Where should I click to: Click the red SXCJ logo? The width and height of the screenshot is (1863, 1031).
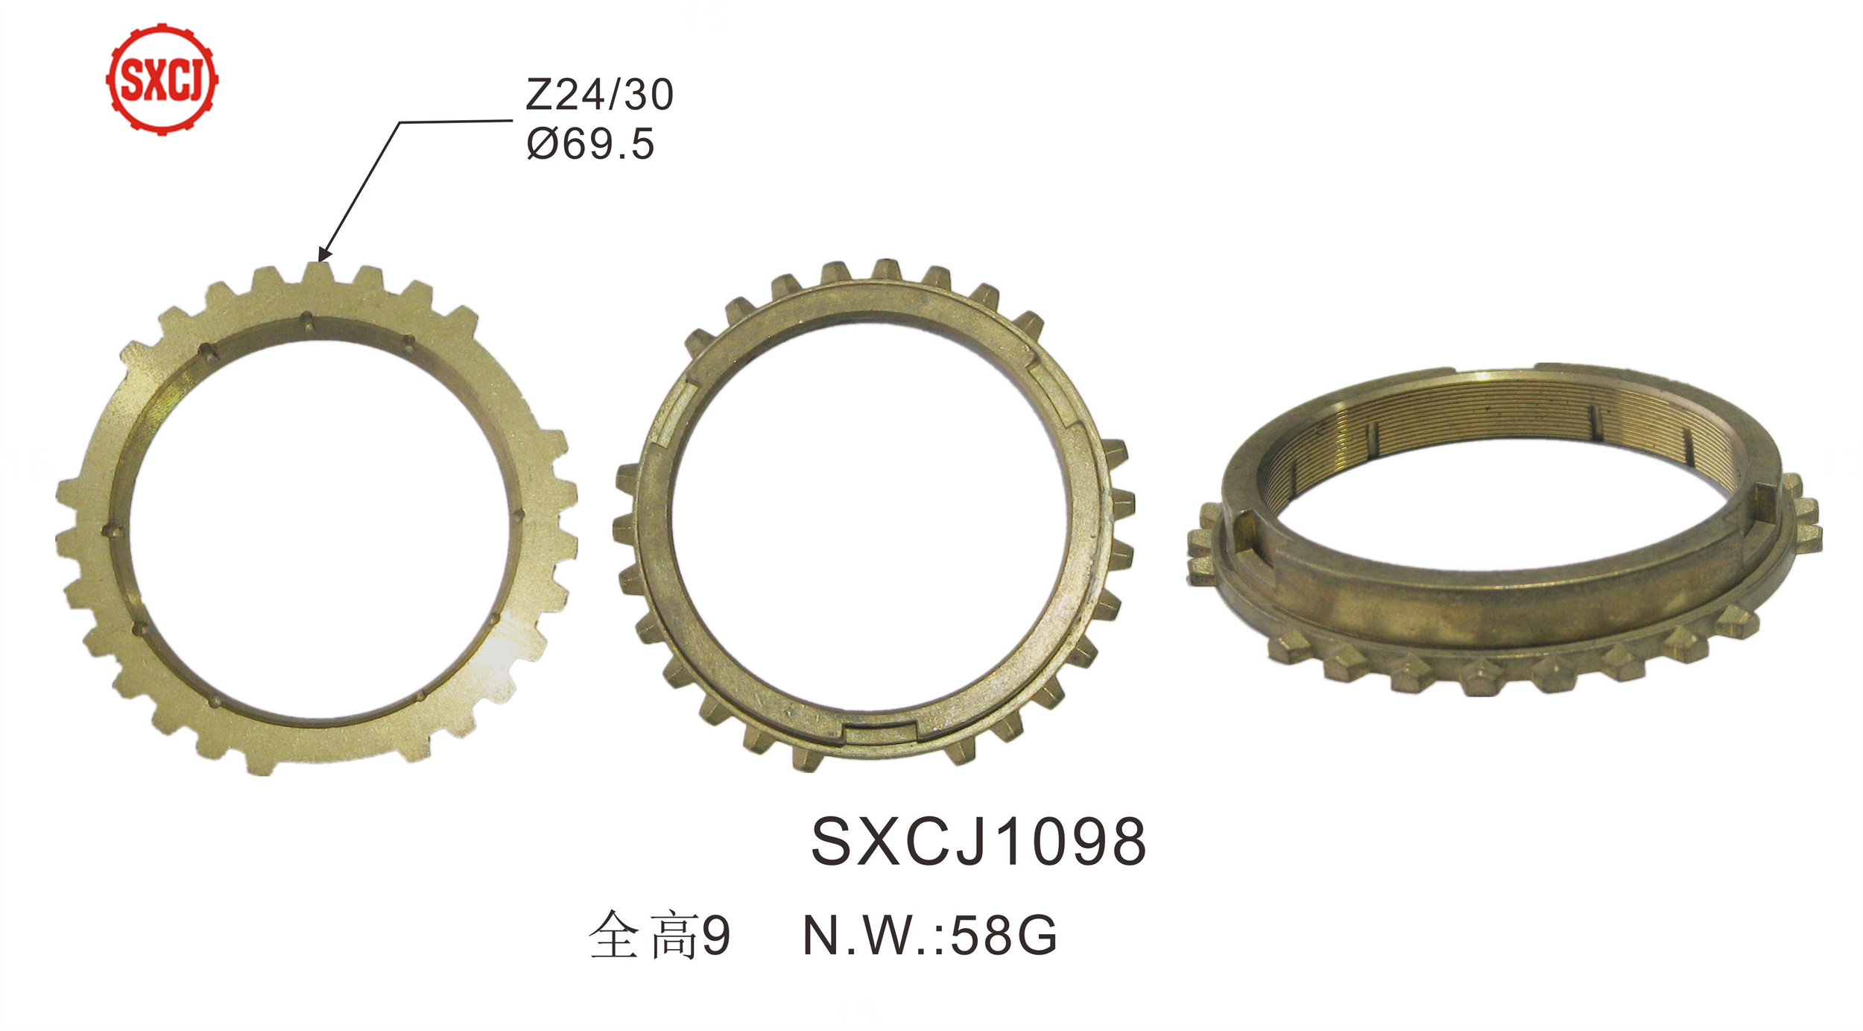(x=162, y=79)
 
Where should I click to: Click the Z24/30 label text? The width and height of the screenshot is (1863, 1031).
(x=600, y=95)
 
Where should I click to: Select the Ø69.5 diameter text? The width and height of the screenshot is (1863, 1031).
(x=590, y=143)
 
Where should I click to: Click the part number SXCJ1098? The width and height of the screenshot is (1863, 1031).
(x=978, y=842)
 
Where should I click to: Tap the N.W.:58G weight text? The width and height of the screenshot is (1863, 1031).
(x=930, y=936)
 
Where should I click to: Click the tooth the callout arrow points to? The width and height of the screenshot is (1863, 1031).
(x=317, y=274)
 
